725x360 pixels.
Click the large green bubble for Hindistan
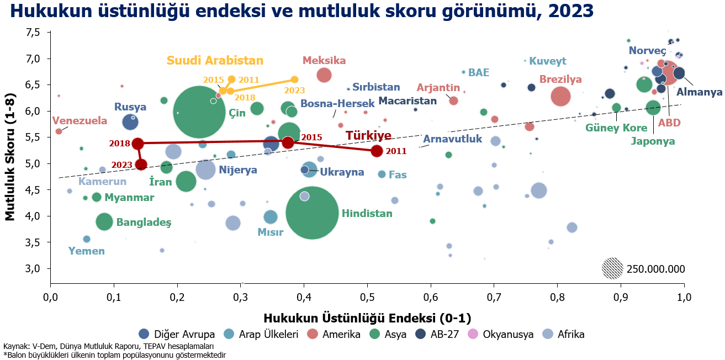click(x=312, y=213)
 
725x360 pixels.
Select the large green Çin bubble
click(x=199, y=112)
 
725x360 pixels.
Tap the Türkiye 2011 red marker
click(x=377, y=151)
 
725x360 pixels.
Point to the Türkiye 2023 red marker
click(x=141, y=165)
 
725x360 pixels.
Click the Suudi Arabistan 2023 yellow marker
click(x=294, y=80)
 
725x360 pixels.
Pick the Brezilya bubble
click(x=560, y=96)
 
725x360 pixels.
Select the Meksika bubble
click(x=324, y=75)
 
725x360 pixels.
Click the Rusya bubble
click(x=130, y=122)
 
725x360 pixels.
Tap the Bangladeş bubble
click(x=104, y=222)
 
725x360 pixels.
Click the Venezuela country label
click(x=80, y=121)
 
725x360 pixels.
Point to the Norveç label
click(x=647, y=51)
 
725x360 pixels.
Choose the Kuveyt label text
click(x=548, y=61)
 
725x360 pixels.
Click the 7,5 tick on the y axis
click(x=33, y=33)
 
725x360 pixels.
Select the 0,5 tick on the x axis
click(x=367, y=297)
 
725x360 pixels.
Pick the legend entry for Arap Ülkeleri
click(x=261, y=334)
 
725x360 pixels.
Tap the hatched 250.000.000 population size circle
click(x=612, y=268)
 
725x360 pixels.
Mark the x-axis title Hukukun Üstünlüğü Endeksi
click(x=367, y=318)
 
